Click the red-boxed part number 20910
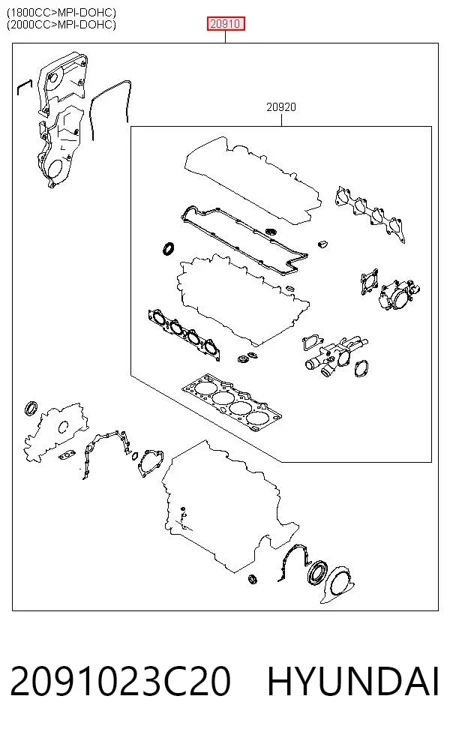click(226, 23)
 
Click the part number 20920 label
click(281, 107)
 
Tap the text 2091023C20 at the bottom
click(121, 681)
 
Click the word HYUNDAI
click(353, 681)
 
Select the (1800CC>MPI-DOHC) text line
click(61, 12)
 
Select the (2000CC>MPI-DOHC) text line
click(61, 24)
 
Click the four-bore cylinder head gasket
click(232, 403)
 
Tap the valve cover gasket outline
click(244, 238)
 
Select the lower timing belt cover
click(58, 147)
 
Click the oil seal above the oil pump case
click(31, 407)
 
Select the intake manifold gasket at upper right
click(370, 214)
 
